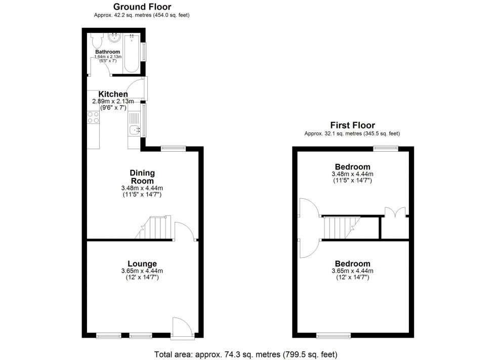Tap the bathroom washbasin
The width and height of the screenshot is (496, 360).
point(114,37)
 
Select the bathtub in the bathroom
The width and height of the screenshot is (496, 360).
point(133,53)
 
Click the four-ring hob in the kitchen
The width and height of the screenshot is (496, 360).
point(93,117)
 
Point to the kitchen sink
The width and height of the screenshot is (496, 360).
point(134,130)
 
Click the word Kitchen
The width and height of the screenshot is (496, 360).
point(113,94)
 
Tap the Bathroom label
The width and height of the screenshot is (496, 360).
point(107,52)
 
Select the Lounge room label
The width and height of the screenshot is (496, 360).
point(142,263)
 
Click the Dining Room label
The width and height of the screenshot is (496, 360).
point(142,177)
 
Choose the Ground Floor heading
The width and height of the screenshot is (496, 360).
point(142,7)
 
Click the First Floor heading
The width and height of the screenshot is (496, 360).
point(352,125)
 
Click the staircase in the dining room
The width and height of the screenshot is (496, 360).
point(154,227)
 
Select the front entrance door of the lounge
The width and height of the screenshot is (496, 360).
point(181,327)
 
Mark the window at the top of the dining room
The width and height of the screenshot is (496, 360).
point(173,148)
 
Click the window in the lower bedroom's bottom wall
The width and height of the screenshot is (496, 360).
point(333,335)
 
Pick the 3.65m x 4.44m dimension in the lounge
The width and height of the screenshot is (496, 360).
point(142,272)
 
